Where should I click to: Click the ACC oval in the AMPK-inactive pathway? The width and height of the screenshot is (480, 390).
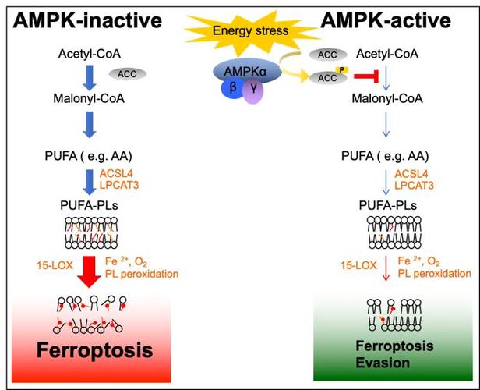pyautogui.click(x=127, y=73)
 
